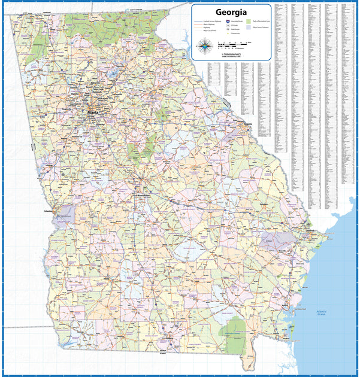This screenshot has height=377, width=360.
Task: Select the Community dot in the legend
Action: pyautogui.click(x=220, y=34)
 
